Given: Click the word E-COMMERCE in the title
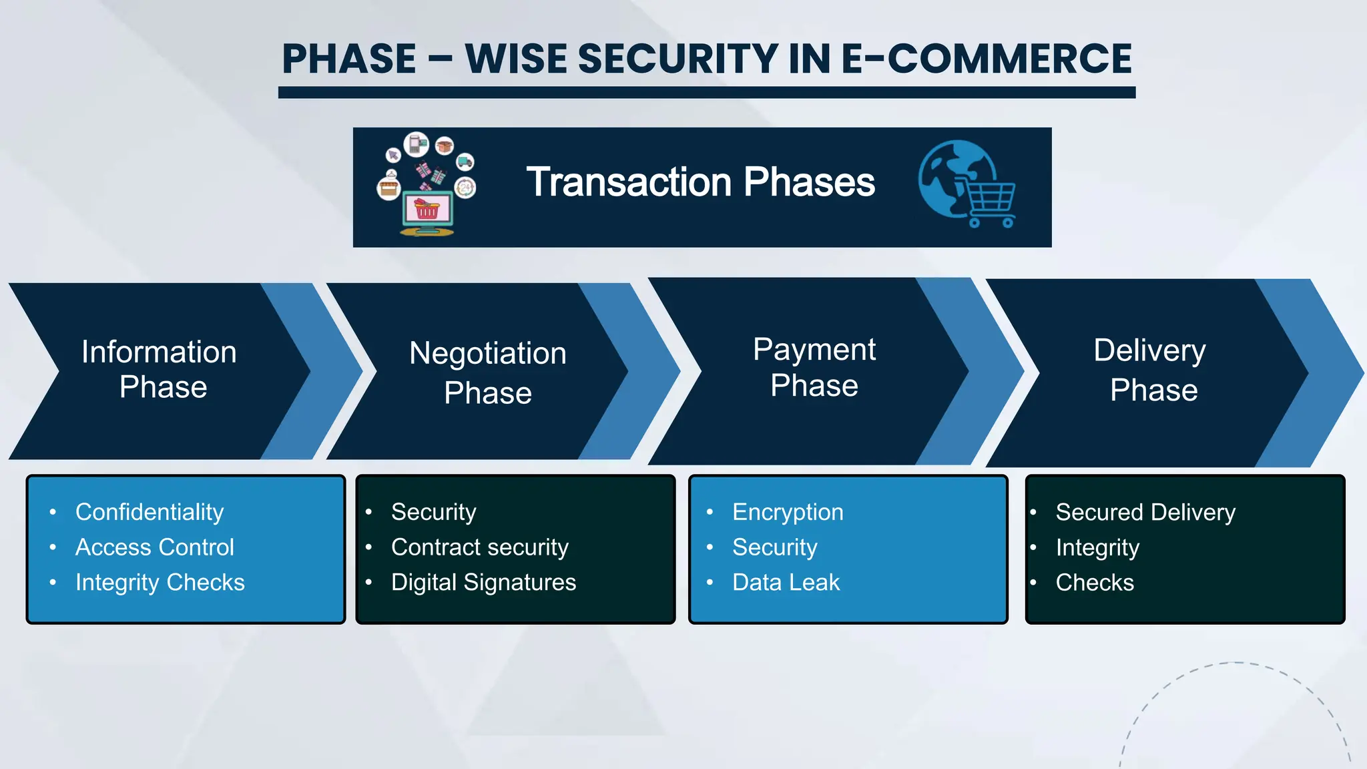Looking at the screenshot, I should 986,59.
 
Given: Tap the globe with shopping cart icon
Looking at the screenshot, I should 965,183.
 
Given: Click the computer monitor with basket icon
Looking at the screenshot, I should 427,212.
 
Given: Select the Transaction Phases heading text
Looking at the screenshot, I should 700,182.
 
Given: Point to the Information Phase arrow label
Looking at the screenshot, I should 160,369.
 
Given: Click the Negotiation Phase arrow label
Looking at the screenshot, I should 488,372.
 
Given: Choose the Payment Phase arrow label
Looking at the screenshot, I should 814,367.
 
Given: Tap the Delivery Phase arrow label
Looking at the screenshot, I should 1151,370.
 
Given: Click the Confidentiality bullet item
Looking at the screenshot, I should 150,512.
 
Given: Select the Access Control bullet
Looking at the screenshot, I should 155,547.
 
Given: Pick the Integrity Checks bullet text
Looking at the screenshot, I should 160,583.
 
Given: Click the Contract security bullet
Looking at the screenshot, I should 479,547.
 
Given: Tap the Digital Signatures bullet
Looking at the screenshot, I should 483,583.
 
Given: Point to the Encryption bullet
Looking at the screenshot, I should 788,512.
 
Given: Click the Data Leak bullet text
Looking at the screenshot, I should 786,583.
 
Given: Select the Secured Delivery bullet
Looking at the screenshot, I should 1145,512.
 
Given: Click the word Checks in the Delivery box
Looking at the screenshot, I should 1095,583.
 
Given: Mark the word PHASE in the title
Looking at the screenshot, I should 349,59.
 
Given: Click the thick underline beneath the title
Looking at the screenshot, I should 706,93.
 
